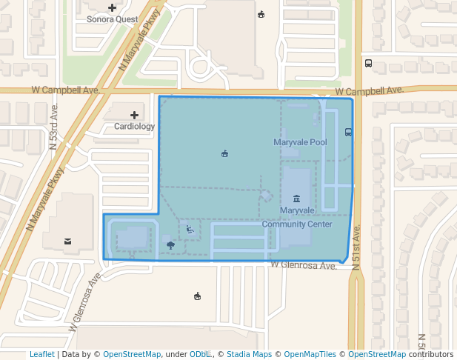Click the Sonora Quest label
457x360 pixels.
click(x=112, y=19)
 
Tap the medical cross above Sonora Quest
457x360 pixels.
click(x=112, y=8)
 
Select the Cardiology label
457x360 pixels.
click(x=134, y=126)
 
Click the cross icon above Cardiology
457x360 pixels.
click(x=134, y=115)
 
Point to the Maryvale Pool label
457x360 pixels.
click(x=300, y=141)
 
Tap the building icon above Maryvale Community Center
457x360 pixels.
click(x=296, y=199)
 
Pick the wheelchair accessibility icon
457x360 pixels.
click(x=190, y=230)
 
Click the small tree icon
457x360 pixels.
click(x=171, y=244)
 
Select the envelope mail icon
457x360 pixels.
click(x=67, y=241)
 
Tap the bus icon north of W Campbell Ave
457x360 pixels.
click(x=368, y=63)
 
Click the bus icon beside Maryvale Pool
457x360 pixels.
click(x=348, y=133)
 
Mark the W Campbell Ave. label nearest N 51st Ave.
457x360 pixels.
click(x=368, y=90)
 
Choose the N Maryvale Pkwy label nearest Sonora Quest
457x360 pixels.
click(x=140, y=45)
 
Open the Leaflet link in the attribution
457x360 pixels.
click(x=42, y=354)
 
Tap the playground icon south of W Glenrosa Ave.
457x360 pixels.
click(x=196, y=296)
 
